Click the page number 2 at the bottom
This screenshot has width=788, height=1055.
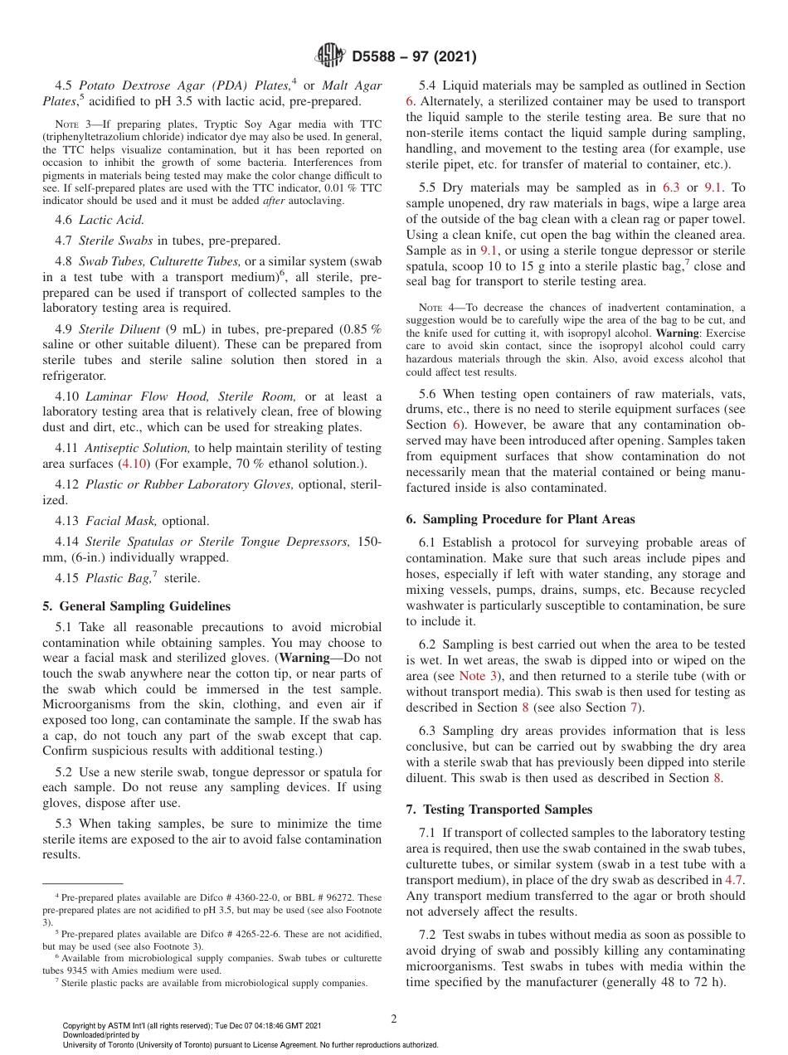click(x=394, y=1019)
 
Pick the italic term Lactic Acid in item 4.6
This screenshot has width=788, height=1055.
click(x=111, y=220)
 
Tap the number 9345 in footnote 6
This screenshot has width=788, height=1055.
click(x=85, y=970)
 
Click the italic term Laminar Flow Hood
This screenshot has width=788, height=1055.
click(x=134, y=397)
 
